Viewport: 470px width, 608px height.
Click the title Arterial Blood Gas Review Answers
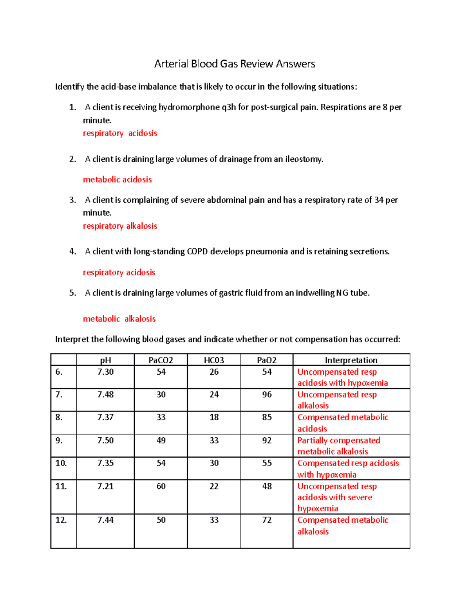pos(235,64)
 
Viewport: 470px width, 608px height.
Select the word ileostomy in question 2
pos(304,159)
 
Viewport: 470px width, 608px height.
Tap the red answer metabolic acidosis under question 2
pos(117,180)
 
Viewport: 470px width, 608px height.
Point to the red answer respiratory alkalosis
pos(120,226)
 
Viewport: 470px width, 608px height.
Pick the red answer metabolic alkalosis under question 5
pos(119,319)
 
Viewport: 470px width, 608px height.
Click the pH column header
pos(105,360)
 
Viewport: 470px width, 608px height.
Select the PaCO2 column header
pos(161,360)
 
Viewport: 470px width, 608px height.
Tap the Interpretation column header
pos(351,360)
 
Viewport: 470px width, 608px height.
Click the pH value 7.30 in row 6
pos(105,372)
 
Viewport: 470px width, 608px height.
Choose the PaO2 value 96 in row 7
pos(267,395)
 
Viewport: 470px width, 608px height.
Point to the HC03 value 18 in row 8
pos(214,417)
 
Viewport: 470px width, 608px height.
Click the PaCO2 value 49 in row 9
pos(161,440)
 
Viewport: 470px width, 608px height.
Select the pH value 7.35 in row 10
pos(105,463)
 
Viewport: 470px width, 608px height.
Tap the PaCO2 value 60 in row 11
pos(161,486)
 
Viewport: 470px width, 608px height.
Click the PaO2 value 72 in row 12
pos(267,520)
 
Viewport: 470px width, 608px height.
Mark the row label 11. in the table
pos(61,486)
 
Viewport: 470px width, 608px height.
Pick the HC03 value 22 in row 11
pos(214,486)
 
